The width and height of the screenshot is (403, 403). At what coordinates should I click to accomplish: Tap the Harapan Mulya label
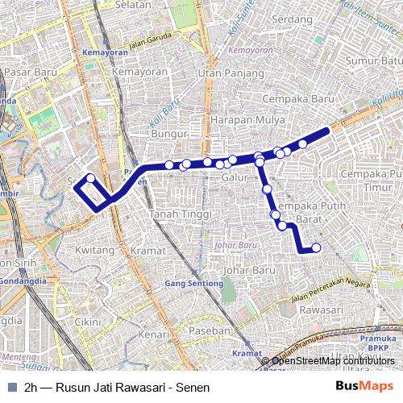pyautogui.click(x=239, y=118)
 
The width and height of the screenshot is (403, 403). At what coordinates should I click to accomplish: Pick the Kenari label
pyautogui.click(x=153, y=334)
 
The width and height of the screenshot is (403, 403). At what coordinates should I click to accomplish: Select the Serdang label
pyautogui.click(x=293, y=19)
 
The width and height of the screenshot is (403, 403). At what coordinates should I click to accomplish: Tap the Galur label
pyautogui.click(x=235, y=177)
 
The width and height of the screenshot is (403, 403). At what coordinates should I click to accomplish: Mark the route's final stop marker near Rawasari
pyautogui.click(x=316, y=247)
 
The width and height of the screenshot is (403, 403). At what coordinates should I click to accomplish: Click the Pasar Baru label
pyautogui.click(x=28, y=72)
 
